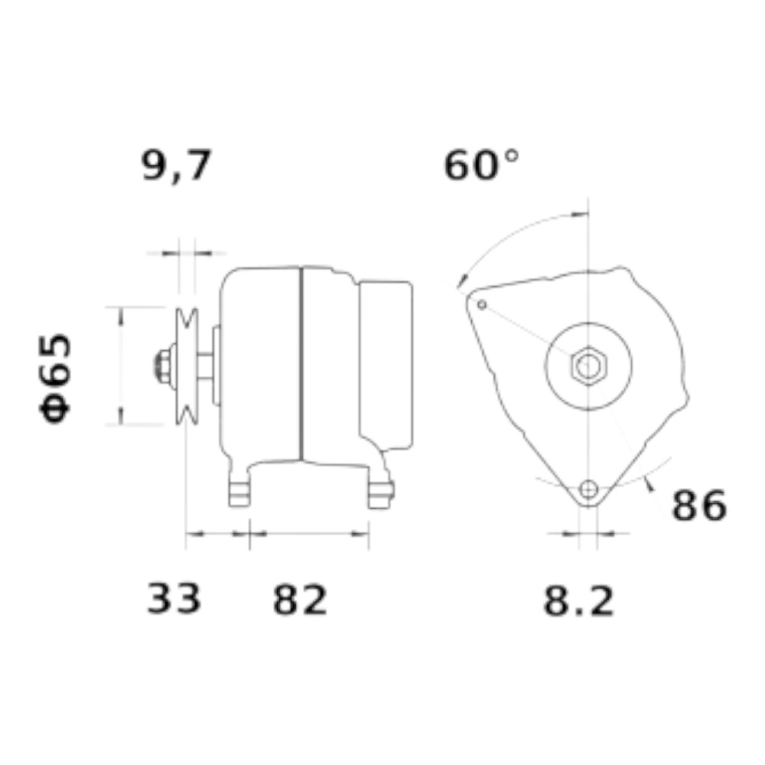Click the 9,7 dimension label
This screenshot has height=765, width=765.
(177, 165)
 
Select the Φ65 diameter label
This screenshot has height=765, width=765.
(55, 378)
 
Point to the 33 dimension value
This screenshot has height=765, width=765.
(174, 598)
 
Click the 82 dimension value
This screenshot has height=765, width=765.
(300, 600)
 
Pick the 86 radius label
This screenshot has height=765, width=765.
(699, 506)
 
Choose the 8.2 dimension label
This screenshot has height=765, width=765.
(578, 601)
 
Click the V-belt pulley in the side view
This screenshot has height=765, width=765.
(187, 366)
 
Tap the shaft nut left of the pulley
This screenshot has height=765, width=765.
(163, 366)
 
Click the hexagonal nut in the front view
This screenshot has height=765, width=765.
(588, 366)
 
